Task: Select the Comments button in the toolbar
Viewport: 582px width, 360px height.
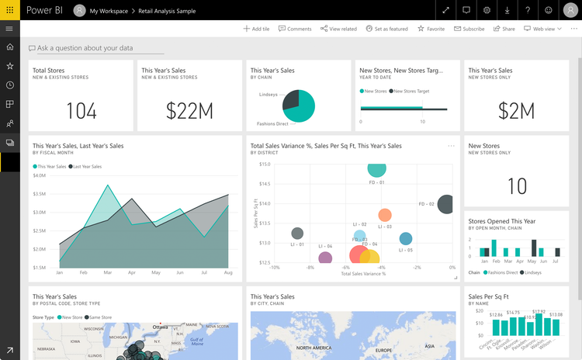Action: (295, 29)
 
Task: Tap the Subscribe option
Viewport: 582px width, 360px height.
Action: (469, 29)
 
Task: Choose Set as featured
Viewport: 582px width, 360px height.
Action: (386, 29)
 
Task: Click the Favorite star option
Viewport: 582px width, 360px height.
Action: (431, 29)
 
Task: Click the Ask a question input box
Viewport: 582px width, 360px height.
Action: (85, 48)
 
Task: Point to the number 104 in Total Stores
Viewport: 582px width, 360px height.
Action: (81, 111)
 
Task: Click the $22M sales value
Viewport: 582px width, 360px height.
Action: (189, 111)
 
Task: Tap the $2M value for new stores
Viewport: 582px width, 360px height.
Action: (516, 111)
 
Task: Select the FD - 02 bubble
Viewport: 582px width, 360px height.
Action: (446, 205)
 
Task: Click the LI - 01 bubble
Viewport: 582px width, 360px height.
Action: (297, 233)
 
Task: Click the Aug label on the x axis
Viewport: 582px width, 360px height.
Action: (228, 273)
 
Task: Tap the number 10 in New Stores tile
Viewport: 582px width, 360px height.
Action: (516, 186)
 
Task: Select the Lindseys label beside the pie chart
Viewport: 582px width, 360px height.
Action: (268, 95)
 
